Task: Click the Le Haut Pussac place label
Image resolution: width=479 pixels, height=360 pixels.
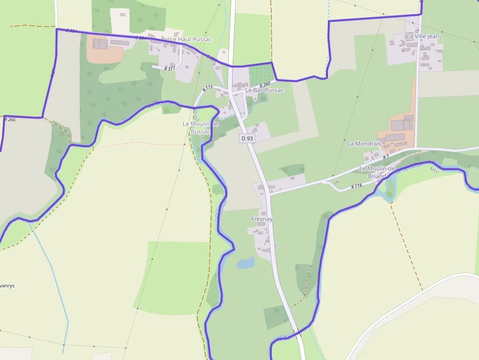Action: (191, 39)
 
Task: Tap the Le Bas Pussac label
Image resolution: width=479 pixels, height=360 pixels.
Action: (264, 90)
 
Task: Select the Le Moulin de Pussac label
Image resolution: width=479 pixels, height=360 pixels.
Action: (200, 127)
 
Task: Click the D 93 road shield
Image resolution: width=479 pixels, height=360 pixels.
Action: (247, 138)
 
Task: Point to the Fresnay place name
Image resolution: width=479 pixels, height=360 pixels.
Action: (261, 219)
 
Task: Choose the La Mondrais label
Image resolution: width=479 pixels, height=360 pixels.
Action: (364, 144)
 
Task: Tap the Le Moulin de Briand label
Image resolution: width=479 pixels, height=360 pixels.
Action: (377, 172)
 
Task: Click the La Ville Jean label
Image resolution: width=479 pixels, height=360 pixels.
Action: (423, 36)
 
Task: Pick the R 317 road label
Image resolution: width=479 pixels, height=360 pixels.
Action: (170, 69)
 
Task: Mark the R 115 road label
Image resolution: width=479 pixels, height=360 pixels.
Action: (208, 88)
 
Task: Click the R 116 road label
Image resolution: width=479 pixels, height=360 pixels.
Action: (356, 186)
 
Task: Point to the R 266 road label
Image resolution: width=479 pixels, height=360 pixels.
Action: (10, 120)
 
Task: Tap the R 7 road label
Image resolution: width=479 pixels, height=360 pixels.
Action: (386, 157)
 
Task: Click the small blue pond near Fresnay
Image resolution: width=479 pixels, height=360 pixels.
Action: (245, 263)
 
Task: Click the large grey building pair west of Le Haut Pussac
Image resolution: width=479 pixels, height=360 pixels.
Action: (100, 44)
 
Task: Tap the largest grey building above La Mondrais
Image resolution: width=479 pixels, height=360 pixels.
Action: (402, 125)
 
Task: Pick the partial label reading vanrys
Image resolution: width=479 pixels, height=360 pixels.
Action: (7, 285)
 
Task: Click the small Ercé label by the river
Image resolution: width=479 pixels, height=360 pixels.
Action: (434, 169)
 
